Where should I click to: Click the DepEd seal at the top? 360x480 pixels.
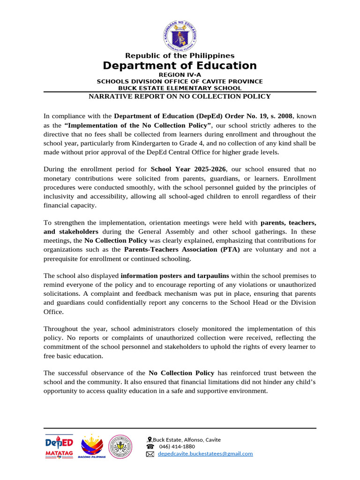180,32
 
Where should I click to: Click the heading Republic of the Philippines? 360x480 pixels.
180,56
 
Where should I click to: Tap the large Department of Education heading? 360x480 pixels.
180,66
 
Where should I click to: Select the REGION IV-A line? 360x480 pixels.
180,75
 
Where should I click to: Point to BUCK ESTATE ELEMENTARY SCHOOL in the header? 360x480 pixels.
180,88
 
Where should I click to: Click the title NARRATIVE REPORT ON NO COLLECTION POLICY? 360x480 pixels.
180,97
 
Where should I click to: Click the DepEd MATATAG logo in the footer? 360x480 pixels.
59,447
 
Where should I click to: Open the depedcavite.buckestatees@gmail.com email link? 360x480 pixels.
205,454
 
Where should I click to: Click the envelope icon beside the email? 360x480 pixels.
150,454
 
